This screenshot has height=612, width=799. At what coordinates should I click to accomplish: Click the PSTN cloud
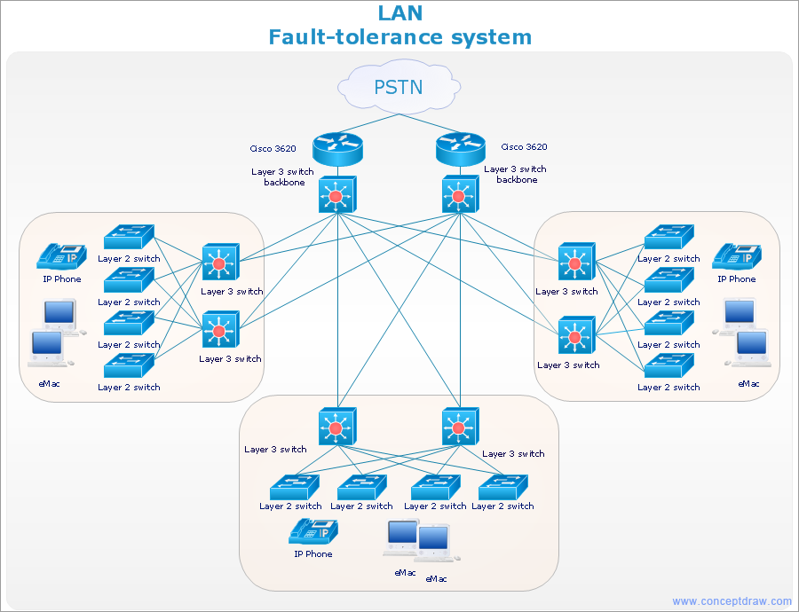(x=399, y=87)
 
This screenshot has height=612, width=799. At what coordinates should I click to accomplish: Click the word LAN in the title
(x=400, y=13)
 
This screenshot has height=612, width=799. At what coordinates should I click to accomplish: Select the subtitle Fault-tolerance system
(x=400, y=37)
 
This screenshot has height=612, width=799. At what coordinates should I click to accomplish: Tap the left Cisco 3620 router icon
(x=338, y=149)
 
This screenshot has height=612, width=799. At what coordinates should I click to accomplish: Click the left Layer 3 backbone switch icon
(x=336, y=194)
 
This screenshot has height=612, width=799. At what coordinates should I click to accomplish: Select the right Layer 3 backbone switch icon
(x=459, y=194)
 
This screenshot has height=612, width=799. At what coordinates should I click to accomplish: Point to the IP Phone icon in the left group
(x=61, y=256)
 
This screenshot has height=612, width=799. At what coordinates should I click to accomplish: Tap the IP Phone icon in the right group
(x=737, y=255)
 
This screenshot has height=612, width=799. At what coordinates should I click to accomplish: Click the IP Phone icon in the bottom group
(x=313, y=531)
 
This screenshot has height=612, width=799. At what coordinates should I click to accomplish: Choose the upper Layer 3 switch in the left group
(x=219, y=263)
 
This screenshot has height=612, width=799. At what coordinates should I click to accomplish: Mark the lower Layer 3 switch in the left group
(x=219, y=330)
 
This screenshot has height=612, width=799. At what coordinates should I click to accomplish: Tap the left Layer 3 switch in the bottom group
(x=336, y=427)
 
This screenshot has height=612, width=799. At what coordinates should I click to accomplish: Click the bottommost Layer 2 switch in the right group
(x=668, y=366)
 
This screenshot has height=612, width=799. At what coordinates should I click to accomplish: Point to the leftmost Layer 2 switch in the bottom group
(x=294, y=487)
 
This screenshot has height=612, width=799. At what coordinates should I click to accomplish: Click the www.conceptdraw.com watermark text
(x=732, y=601)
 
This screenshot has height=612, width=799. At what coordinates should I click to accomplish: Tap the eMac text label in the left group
(x=50, y=384)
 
